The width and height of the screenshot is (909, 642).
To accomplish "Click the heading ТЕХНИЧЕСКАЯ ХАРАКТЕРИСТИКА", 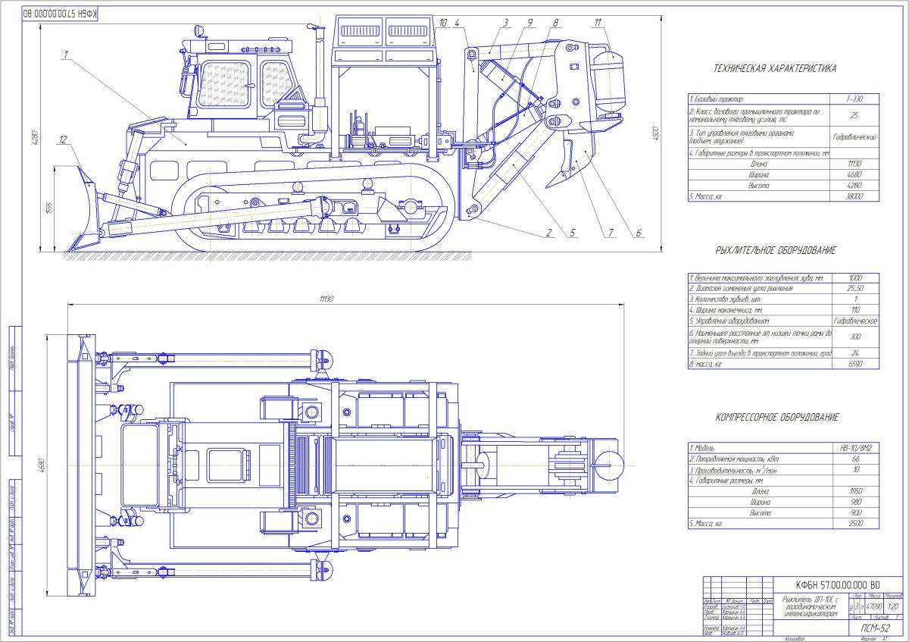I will click(x=775, y=68).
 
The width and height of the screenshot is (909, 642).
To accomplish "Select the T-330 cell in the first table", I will click(x=856, y=99).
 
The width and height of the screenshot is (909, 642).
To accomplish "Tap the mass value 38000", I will click(x=856, y=196).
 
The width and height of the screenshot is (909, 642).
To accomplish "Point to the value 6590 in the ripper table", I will click(x=856, y=365).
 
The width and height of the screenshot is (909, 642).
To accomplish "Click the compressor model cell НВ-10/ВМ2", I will click(x=856, y=448).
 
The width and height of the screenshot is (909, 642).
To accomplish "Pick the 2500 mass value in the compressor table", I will click(x=856, y=524).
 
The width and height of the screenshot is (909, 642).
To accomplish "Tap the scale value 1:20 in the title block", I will click(x=871, y=607).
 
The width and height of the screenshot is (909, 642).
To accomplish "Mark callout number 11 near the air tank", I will click(x=598, y=23).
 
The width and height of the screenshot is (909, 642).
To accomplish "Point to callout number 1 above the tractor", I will click(x=67, y=54).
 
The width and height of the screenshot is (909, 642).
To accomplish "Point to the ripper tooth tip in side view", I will click(x=546, y=183).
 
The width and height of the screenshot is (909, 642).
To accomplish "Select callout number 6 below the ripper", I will click(x=638, y=233).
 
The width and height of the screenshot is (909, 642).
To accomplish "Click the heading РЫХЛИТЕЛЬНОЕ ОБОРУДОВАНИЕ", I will click(x=775, y=250).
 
